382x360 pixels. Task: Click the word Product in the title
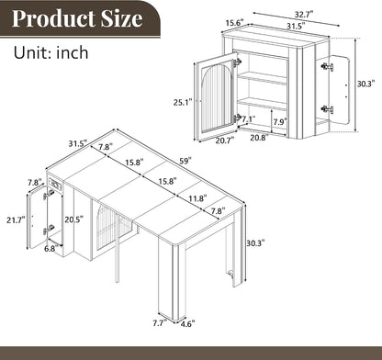pos(54,18)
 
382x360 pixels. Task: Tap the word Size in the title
pos(122,18)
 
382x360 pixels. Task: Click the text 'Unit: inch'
pos(51,52)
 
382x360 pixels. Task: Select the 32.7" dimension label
pos(304,14)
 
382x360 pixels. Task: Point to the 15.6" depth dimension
pos(235,23)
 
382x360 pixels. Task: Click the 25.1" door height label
pos(183,102)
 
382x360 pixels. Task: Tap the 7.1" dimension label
pos(249,119)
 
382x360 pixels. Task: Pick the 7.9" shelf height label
pos(280,122)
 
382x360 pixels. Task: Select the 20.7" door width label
pos(225,141)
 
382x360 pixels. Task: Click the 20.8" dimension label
pos(259,138)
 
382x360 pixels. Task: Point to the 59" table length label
pos(185,161)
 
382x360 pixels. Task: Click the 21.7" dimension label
pos(16,219)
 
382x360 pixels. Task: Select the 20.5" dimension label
pos(74,219)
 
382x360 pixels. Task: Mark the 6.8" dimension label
pos(51,248)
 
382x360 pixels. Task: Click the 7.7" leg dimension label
pos(160,323)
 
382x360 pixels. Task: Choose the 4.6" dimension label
pos(187,323)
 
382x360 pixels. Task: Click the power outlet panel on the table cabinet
pos(55,185)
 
